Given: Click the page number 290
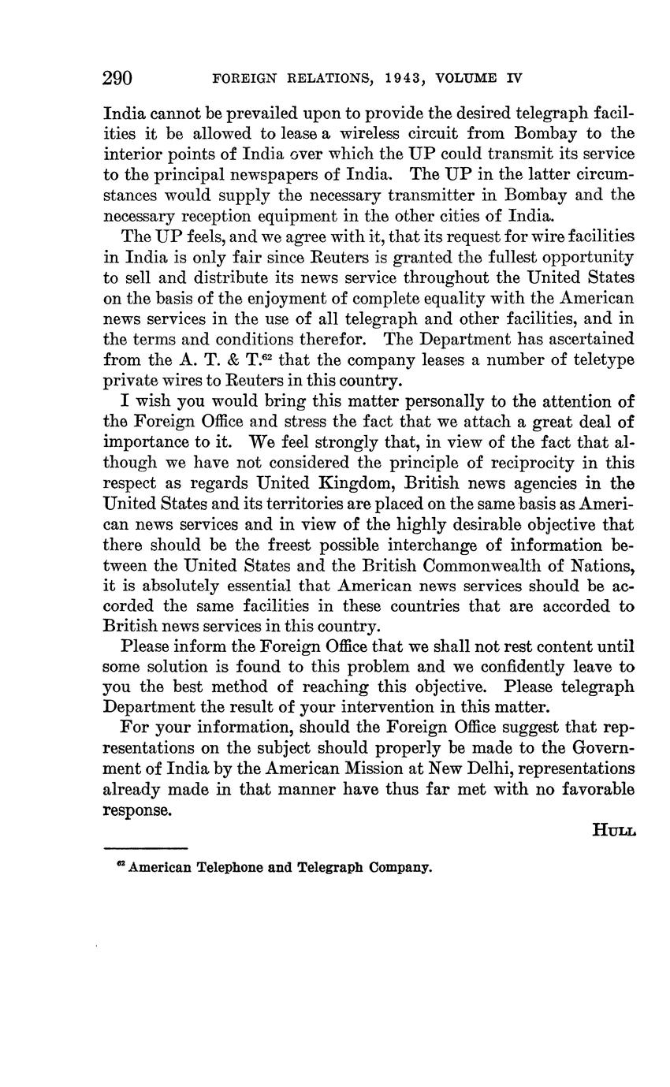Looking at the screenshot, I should [117, 78].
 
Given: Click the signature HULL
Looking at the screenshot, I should [613, 830].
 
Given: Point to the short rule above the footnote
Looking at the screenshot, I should [145, 848].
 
